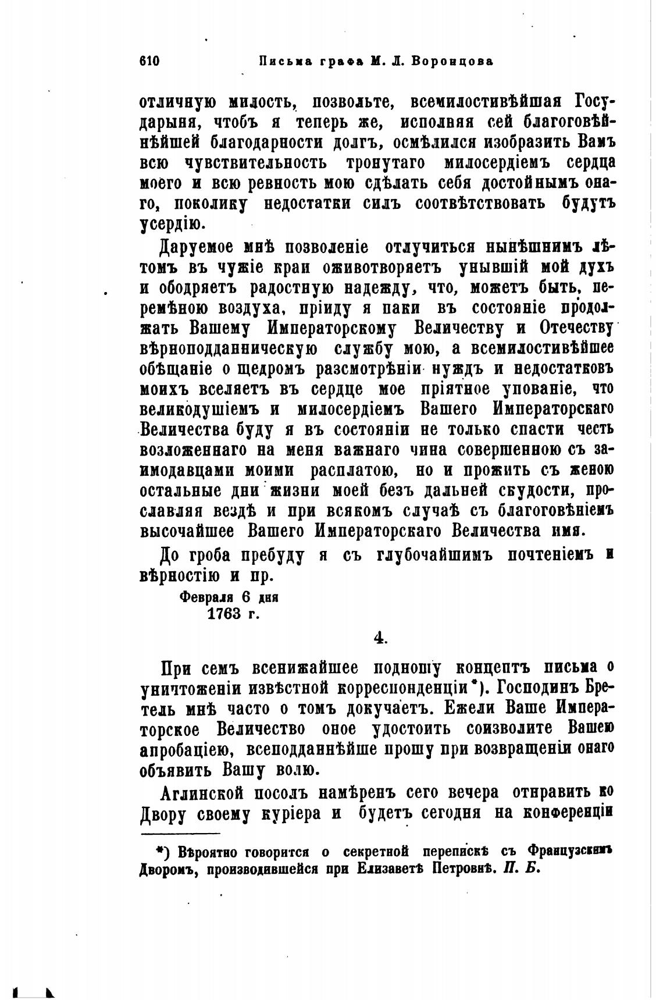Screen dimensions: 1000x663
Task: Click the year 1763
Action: (x=224, y=614)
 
